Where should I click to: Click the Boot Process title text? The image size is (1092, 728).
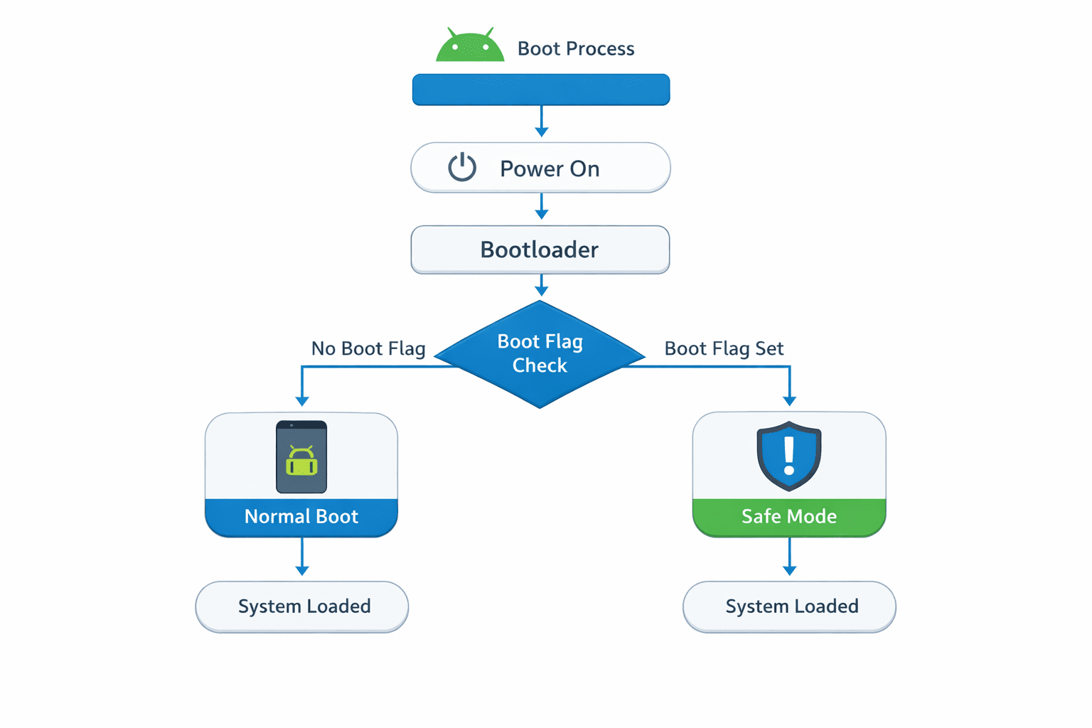coord(575,48)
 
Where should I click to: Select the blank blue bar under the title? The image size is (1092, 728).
coord(541,90)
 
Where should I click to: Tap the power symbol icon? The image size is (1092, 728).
coord(462,168)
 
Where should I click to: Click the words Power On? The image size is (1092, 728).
coord(550,168)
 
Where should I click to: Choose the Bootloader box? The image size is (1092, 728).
coord(540,250)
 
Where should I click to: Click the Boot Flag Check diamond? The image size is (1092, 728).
coord(540,354)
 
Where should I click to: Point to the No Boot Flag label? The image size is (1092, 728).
coord(368,348)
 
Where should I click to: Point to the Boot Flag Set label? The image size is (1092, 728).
coord(724,348)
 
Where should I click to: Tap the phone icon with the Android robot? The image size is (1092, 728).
coord(301,457)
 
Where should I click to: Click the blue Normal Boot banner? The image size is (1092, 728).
coord(301,517)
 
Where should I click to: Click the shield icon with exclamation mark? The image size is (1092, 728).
coord(789,456)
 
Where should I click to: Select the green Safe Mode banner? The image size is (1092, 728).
coord(789,517)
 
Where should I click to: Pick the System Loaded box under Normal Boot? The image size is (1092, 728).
coord(302,606)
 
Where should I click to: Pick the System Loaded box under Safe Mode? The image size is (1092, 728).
coord(789,606)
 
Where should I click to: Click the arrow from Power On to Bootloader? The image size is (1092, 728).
coord(541,206)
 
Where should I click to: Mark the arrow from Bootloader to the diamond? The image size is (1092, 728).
coord(541,285)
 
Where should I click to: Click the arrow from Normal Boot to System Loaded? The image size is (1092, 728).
coord(302,557)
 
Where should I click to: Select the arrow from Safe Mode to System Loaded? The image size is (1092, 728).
coord(789,557)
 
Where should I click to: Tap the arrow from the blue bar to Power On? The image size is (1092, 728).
coord(541,122)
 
